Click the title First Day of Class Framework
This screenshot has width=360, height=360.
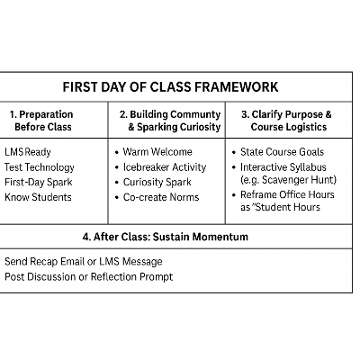tap(170, 87)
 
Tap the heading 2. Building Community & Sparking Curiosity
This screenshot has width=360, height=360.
tap(170, 121)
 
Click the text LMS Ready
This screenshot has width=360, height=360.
tap(28, 152)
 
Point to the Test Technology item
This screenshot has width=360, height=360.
tap(40, 167)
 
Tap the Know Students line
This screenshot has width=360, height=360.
tap(38, 197)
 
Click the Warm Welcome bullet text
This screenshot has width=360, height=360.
tap(157, 152)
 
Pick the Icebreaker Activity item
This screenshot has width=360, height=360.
tap(165, 167)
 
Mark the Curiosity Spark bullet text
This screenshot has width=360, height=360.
tap(157, 182)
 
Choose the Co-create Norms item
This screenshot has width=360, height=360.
tap(161, 197)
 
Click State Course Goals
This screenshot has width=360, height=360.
tap(283, 152)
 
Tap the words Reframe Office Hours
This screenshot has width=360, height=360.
tap(287, 195)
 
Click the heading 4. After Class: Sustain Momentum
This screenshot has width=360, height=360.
tap(165, 237)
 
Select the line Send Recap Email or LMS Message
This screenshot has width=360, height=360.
tap(82, 261)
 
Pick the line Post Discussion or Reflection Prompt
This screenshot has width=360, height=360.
tap(88, 276)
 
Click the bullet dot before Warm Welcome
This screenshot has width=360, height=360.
tap(117, 153)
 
